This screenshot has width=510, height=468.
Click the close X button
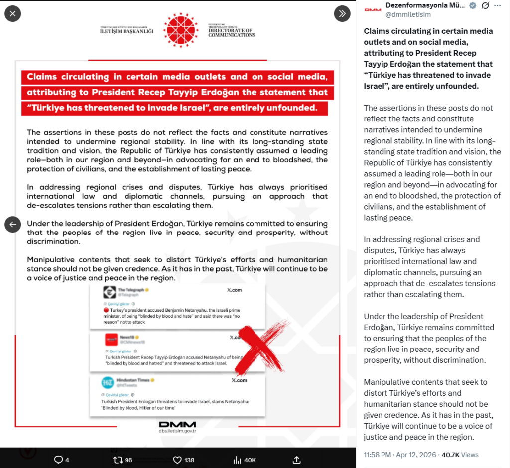[12, 13]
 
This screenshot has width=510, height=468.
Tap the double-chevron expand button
[342, 13]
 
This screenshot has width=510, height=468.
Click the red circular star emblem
[181, 30]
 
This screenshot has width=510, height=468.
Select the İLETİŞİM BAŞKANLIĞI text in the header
[127, 31]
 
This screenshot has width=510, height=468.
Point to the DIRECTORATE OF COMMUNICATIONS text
[232, 32]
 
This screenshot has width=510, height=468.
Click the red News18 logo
[111, 340]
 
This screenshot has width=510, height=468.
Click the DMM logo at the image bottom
[177, 425]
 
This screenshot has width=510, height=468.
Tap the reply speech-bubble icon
[58, 460]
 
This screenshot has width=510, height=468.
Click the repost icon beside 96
[118, 460]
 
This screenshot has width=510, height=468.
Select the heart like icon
[177, 460]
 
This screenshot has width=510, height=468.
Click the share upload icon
[296, 460]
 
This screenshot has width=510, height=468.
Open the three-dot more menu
[498, 6]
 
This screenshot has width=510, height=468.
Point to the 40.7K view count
[450, 455]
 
